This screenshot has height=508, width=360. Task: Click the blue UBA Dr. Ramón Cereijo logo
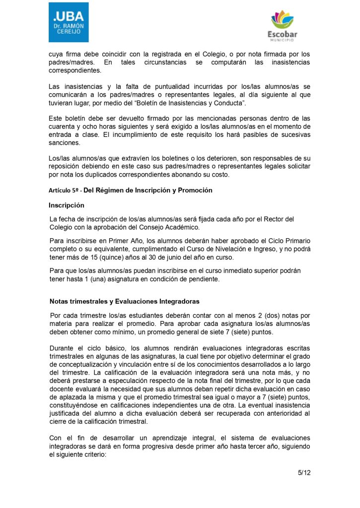point(69,22)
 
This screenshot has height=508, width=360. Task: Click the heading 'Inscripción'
point(67,205)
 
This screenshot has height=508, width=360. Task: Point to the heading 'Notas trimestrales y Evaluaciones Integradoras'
point(124,301)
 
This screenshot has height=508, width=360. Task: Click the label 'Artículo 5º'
point(64,190)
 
